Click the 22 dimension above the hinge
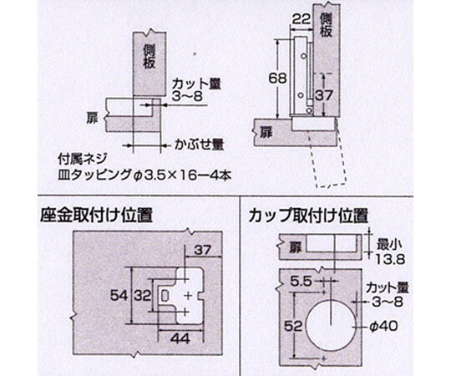302,19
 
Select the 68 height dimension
277,79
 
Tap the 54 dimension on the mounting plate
119,296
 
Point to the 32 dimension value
142,296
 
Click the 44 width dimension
180,338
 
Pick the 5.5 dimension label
301,282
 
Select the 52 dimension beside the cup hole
293,327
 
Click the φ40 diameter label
383,327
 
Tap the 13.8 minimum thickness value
390,260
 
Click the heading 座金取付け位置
96,215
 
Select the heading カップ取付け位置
308,215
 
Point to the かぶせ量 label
200,145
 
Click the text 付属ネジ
83,159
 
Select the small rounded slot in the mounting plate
165,296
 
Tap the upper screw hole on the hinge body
303,56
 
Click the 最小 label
389,246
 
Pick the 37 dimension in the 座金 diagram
203,251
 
